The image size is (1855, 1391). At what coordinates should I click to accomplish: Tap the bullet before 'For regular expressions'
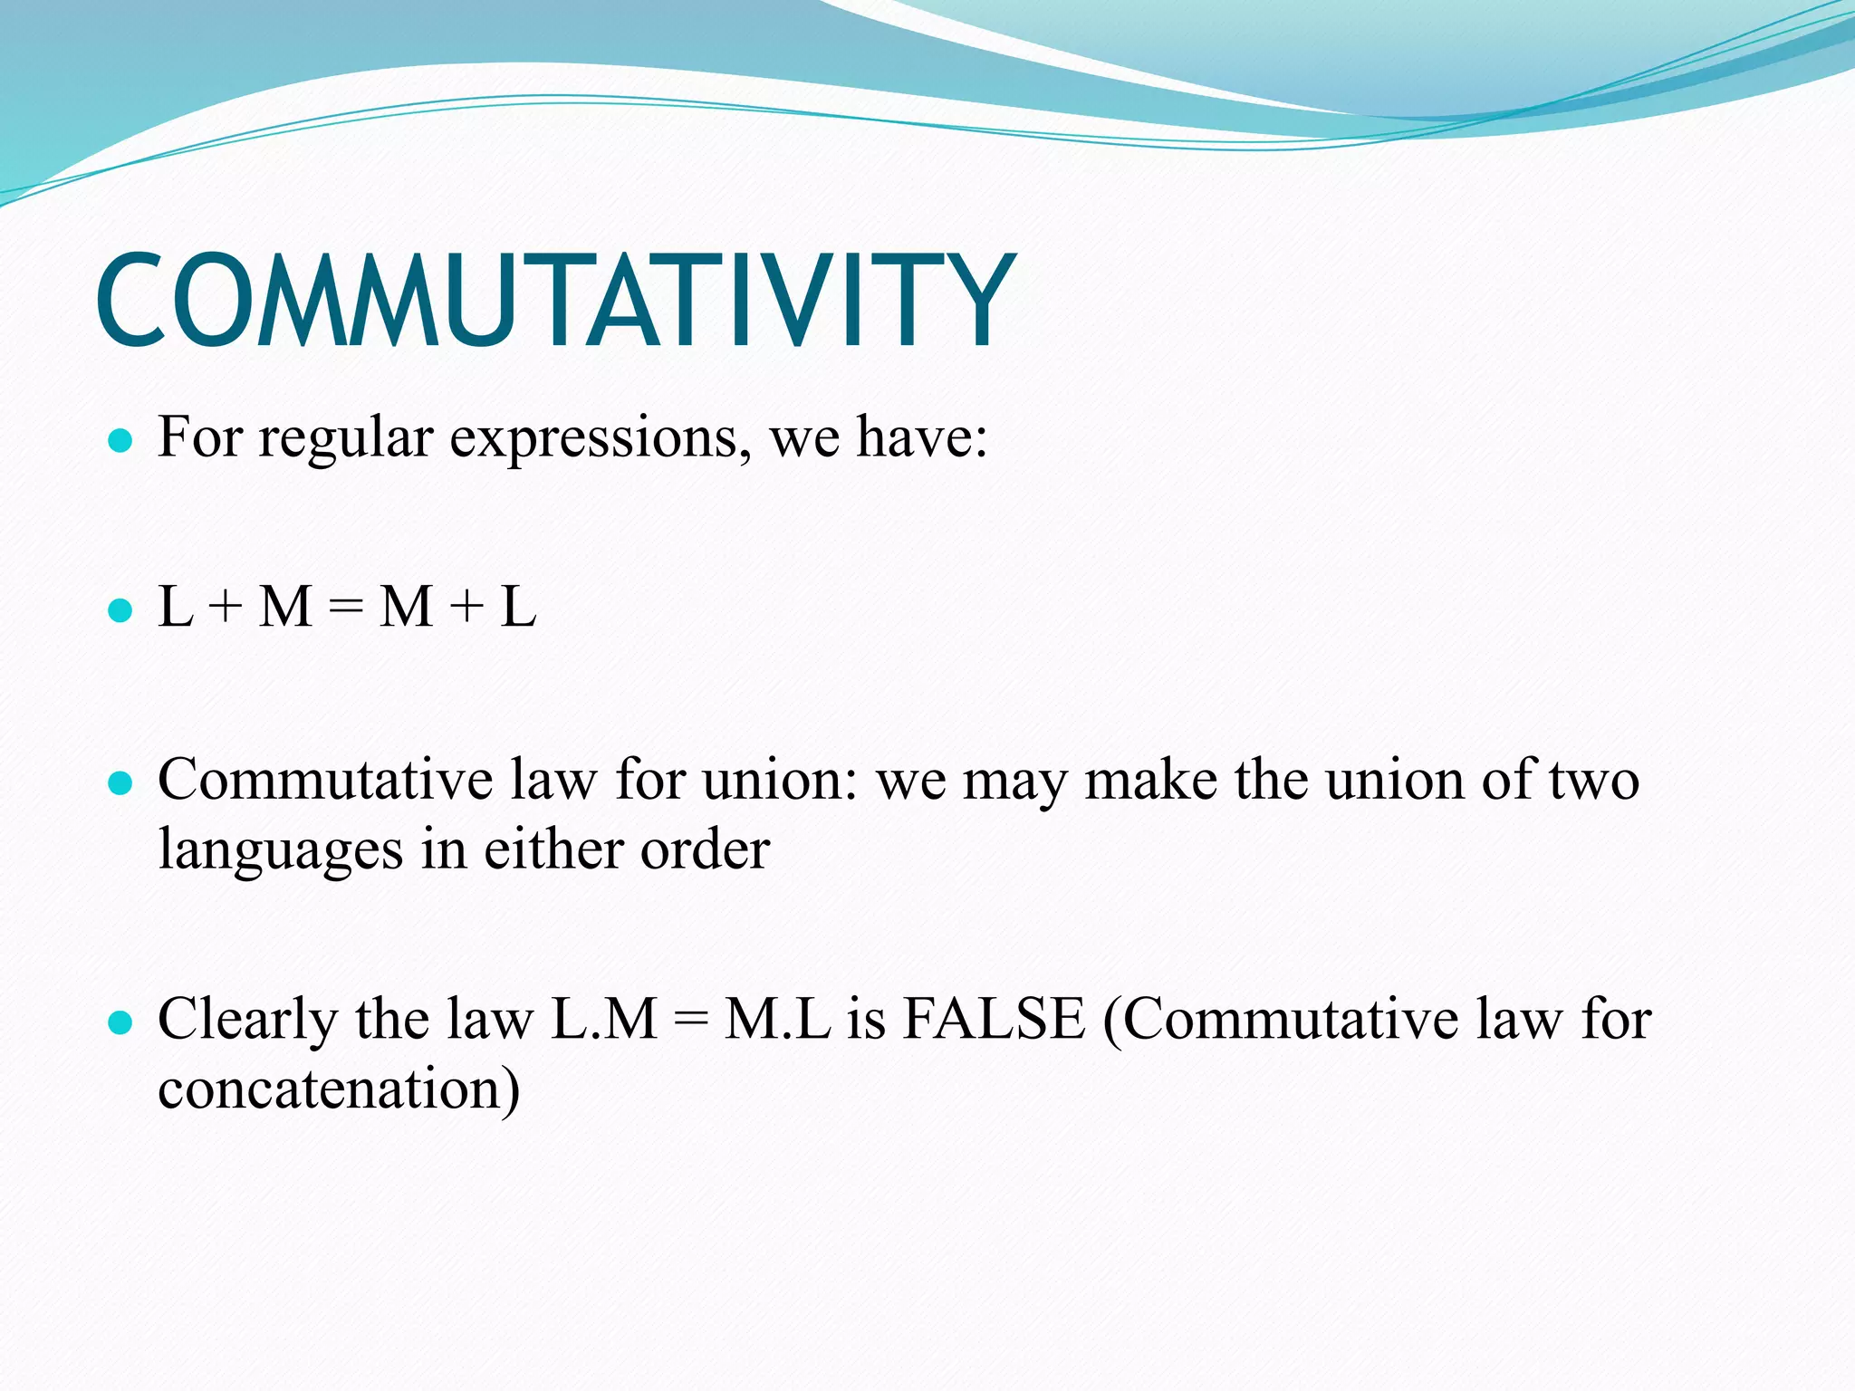coord(120,442)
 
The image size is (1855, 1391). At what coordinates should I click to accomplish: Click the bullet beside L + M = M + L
coord(120,610)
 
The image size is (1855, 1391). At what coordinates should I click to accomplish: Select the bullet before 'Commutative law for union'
coord(120,782)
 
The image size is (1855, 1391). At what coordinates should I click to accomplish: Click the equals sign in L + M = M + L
coord(345,609)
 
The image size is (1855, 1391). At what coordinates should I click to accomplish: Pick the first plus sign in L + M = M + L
coord(226,609)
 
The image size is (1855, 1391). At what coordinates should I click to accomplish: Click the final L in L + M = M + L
coord(518,607)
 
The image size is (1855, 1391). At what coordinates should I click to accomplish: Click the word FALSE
coord(994,1020)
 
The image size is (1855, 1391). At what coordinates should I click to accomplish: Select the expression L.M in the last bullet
coord(604,1020)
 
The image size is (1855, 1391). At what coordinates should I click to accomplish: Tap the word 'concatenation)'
coord(339,1090)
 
